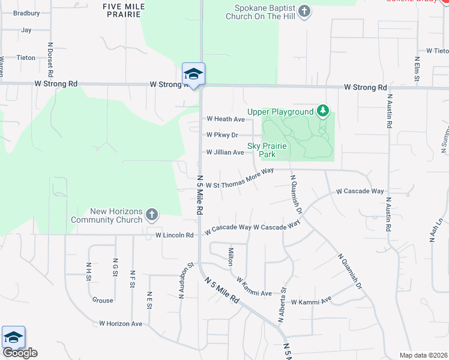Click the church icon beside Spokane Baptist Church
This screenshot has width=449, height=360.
tap(304, 11)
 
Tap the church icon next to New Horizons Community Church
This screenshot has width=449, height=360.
tap(152, 214)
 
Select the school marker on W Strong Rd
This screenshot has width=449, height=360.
tap(193, 74)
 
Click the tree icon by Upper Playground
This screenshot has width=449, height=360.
tap(323, 111)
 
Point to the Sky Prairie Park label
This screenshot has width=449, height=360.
tap(268, 150)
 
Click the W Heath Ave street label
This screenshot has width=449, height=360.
tap(225, 119)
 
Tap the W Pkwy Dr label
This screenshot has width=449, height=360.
tap(222, 136)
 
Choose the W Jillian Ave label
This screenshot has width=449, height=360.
tap(225, 152)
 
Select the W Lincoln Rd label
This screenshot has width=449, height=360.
tap(175, 235)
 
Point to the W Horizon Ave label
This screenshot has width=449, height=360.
tap(121, 323)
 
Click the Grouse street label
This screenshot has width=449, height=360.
tap(103, 300)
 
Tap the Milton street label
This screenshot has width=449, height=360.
tap(230, 256)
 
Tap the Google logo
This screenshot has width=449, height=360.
tap(19, 353)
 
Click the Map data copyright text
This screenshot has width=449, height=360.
tap(423, 355)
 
